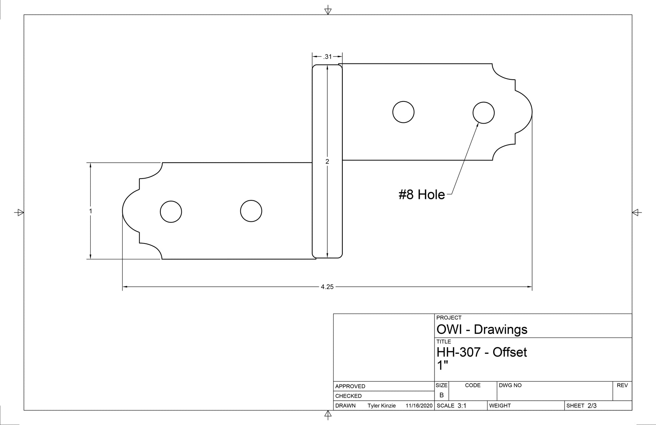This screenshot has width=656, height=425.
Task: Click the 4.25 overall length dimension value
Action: [x=327, y=287]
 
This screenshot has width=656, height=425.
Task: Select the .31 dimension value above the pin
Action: [x=327, y=57]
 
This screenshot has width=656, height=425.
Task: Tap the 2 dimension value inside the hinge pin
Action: [x=327, y=161]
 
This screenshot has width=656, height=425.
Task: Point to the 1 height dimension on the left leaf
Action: [x=91, y=211]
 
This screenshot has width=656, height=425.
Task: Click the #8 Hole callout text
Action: [x=422, y=194]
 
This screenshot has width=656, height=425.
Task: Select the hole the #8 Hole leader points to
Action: [x=484, y=113]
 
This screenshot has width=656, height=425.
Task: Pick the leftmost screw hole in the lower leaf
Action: [x=171, y=212]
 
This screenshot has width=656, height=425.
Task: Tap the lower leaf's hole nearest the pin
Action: [x=251, y=211]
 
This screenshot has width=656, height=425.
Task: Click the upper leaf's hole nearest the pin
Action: [x=404, y=112]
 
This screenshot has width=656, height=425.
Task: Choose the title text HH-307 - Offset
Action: [x=481, y=352]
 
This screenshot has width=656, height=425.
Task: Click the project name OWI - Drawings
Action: [x=482, y=329]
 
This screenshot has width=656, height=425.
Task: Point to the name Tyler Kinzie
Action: [x=381, y=406]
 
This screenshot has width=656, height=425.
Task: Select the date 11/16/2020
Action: [x=419, y=406]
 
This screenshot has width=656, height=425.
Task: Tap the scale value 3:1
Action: [x=462, y=406]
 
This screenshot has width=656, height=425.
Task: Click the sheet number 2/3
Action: [x=592, y=406]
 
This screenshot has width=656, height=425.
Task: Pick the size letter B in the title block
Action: [x=442, y=395]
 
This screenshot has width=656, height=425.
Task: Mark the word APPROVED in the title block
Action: [x=350, y=386]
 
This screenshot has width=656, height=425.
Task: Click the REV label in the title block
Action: [x=622, y=385]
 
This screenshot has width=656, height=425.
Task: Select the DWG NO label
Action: [x=510, y=385]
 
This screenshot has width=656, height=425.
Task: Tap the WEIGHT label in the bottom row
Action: [x=500, y=406]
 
